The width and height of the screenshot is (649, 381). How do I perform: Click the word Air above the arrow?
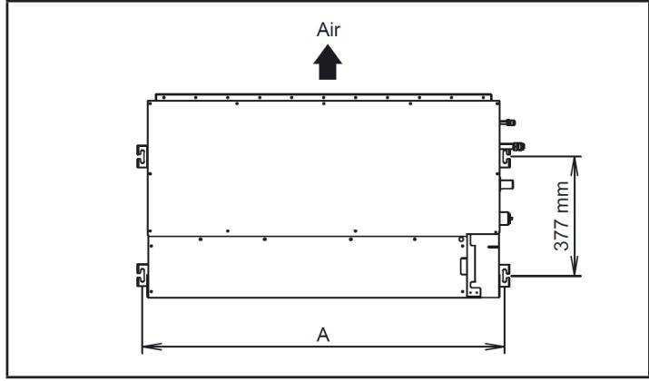(329, 30)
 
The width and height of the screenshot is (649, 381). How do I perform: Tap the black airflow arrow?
(329, 63)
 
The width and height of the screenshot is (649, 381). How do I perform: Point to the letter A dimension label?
(322, 334)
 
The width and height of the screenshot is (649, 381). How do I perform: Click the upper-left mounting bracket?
(142, 156)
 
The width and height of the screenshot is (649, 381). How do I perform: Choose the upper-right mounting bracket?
(505, 156)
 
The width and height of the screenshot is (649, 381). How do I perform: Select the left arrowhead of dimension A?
(148, 346)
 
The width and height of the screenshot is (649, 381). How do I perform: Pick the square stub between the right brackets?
(506, 184)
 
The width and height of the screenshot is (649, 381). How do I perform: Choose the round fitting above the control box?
(506, 219)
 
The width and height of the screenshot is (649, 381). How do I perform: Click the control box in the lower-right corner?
(477, 264)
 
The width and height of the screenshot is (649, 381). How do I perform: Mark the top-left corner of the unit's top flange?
(157, 94)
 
